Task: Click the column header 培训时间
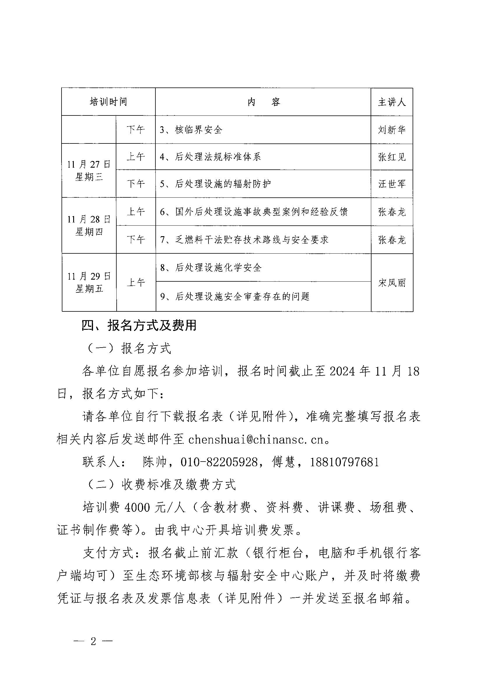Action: coord(108,102)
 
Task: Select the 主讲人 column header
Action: coord(391,102)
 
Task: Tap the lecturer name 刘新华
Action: coord(391,130)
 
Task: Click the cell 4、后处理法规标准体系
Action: coord(211,157)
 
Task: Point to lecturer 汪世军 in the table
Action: coord(391,184)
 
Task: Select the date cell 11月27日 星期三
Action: coord(89,171)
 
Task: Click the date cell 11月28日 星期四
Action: coord(89,225)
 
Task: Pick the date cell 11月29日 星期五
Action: coord(89,282)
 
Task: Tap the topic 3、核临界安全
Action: coord(191,130)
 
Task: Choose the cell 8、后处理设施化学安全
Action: coord(211,268)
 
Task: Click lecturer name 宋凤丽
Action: coord(391,283)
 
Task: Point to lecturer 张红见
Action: coord(391,157)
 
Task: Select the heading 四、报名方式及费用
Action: coord(139,326)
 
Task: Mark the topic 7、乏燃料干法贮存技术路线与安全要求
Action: coord(244,240)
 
